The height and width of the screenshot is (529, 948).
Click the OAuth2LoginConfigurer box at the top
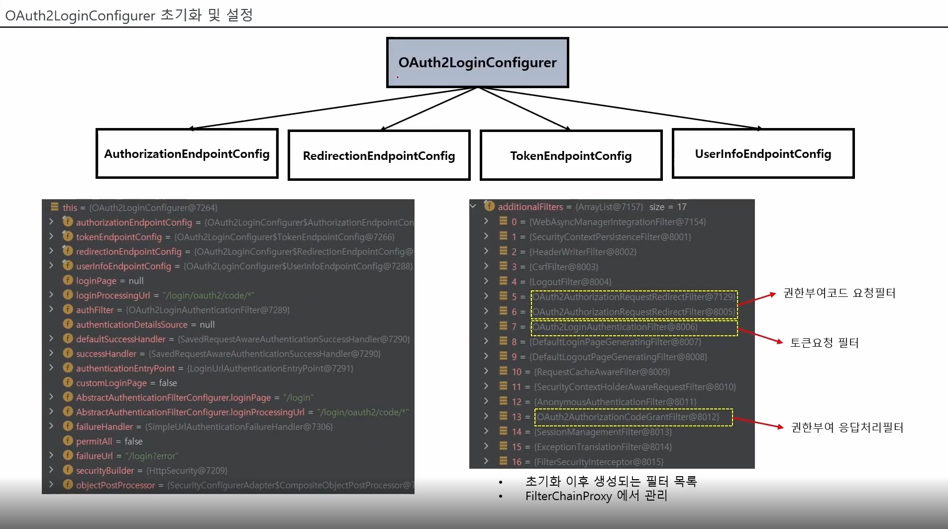coord(477,63)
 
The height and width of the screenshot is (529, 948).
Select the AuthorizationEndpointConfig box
coord(187,153)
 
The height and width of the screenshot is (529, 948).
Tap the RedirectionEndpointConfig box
coord(379,155)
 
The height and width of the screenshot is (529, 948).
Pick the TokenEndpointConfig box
coord(571,155)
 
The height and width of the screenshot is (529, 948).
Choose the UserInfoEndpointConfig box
coord(763,153)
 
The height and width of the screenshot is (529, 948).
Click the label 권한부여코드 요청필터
coord(839,293)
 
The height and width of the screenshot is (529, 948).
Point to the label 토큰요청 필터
coord(824,343)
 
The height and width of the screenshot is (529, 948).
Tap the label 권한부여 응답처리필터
coord(847,427)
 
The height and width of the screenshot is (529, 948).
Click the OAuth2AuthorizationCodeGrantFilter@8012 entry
coord(628,417)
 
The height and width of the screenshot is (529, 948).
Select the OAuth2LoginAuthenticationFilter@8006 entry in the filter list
coord(615,327)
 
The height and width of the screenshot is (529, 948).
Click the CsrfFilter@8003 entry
coord(564,267)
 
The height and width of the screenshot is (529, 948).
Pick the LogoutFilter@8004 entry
coord(570,282)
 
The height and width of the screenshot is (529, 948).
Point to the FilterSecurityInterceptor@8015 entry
coord(599,462)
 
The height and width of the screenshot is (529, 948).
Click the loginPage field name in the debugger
coord(96,281)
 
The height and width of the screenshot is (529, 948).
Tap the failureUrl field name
coord(94,456)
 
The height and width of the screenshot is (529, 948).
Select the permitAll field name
coord(94,441)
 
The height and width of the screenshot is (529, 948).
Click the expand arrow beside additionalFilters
coord(473,206)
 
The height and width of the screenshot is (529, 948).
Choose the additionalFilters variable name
coord(530,207)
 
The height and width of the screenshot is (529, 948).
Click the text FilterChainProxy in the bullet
coord(568,496)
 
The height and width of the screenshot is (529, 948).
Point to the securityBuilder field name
coord(105,470)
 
